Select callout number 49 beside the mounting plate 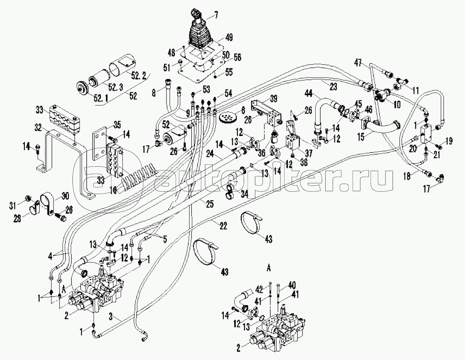[228, 38]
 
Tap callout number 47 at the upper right [359, 63]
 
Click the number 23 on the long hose [333, 87]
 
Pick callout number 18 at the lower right [407, 176]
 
